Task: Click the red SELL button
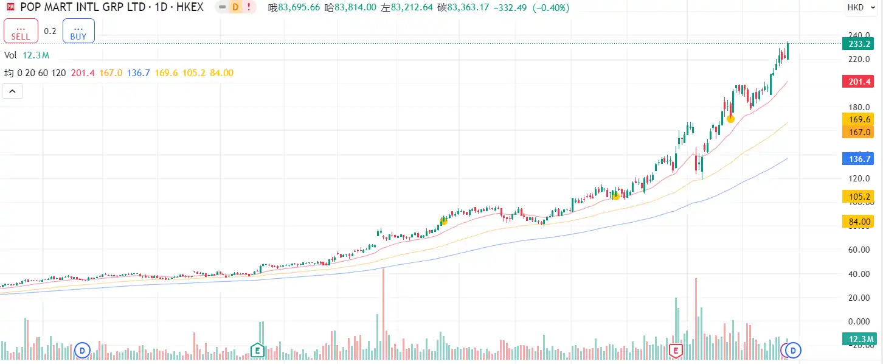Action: [21, 31]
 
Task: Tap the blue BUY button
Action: [78, 31]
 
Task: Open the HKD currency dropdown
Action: [859, 8]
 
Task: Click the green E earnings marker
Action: [257, 350]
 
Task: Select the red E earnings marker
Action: [675, 350]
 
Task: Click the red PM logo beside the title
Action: [10, 8]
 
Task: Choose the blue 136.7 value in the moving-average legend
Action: [139, 73]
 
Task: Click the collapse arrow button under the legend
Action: [13, 91]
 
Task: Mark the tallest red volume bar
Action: [383, 310]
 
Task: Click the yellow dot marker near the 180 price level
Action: [730, 119]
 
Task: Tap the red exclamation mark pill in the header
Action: [249, 8]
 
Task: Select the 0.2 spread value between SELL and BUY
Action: [50, 31]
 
